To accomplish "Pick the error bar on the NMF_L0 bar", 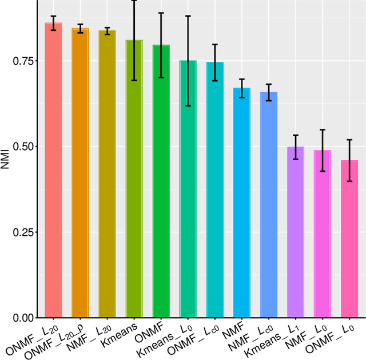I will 322,151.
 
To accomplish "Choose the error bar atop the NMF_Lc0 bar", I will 268,92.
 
